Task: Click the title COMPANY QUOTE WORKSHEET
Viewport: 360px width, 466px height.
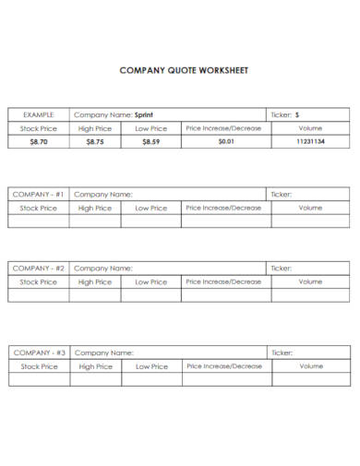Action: point(185,70)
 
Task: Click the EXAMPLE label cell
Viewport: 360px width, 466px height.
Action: point(39,114)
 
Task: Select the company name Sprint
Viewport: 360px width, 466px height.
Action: point(144,114)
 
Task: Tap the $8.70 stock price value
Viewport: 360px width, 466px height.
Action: point(39,142)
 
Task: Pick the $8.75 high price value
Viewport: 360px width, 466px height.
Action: point(95,142)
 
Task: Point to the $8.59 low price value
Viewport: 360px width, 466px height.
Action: point(151,142)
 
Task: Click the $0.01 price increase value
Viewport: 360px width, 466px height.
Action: point(226,142)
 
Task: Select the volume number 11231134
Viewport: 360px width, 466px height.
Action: point(310,142)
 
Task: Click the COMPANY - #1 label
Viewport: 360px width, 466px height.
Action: point(39,195)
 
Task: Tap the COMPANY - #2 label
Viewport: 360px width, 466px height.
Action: point(39,269)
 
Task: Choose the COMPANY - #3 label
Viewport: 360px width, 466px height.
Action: point(39,352)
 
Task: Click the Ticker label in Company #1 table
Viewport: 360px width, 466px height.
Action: point(282,195)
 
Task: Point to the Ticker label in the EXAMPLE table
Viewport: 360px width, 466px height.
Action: point(282,114)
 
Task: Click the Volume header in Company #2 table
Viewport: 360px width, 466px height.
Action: point(310,281)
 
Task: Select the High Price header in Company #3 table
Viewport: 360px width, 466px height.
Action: point(95,366)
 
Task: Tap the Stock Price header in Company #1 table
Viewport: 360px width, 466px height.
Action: point(39,209)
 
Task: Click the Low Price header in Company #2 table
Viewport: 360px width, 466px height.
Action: point(151,281)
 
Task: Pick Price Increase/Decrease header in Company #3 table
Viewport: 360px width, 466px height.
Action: point(224,366)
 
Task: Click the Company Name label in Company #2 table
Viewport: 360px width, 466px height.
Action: point(103,269)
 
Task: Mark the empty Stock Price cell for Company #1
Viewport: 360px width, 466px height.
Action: point(39,221)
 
